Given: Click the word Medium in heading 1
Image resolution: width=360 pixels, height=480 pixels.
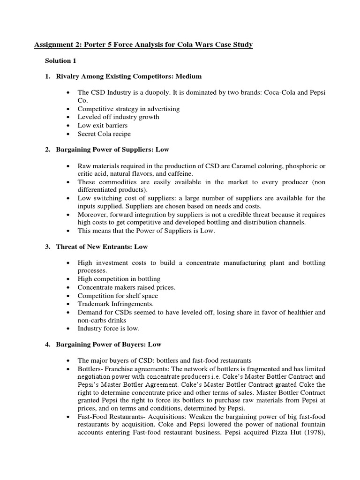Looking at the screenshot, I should (x=189, y=76).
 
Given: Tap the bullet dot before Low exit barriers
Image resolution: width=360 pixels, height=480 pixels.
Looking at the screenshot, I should (x=68, y=126).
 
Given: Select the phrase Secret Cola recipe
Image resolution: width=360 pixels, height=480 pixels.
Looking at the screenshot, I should (x=104, y=134).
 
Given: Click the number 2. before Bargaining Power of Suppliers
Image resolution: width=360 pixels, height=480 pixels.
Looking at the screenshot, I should (x=48, y=150).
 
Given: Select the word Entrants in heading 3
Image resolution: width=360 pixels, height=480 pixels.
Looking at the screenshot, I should (x=116, y=247).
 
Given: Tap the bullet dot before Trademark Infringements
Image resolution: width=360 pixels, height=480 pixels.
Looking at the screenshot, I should (x=68, y=304).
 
